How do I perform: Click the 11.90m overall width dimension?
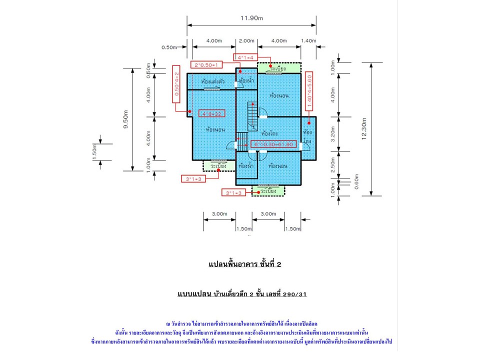pos(251,18)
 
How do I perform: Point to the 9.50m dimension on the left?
pos(125,119)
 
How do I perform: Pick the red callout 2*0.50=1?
pos(205,64)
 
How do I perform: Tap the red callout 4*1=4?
pos(246,57)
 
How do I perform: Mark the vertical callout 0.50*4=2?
pos(176,83)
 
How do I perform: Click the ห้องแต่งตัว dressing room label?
pos(212,81)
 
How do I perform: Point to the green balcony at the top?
pos(279,67)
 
